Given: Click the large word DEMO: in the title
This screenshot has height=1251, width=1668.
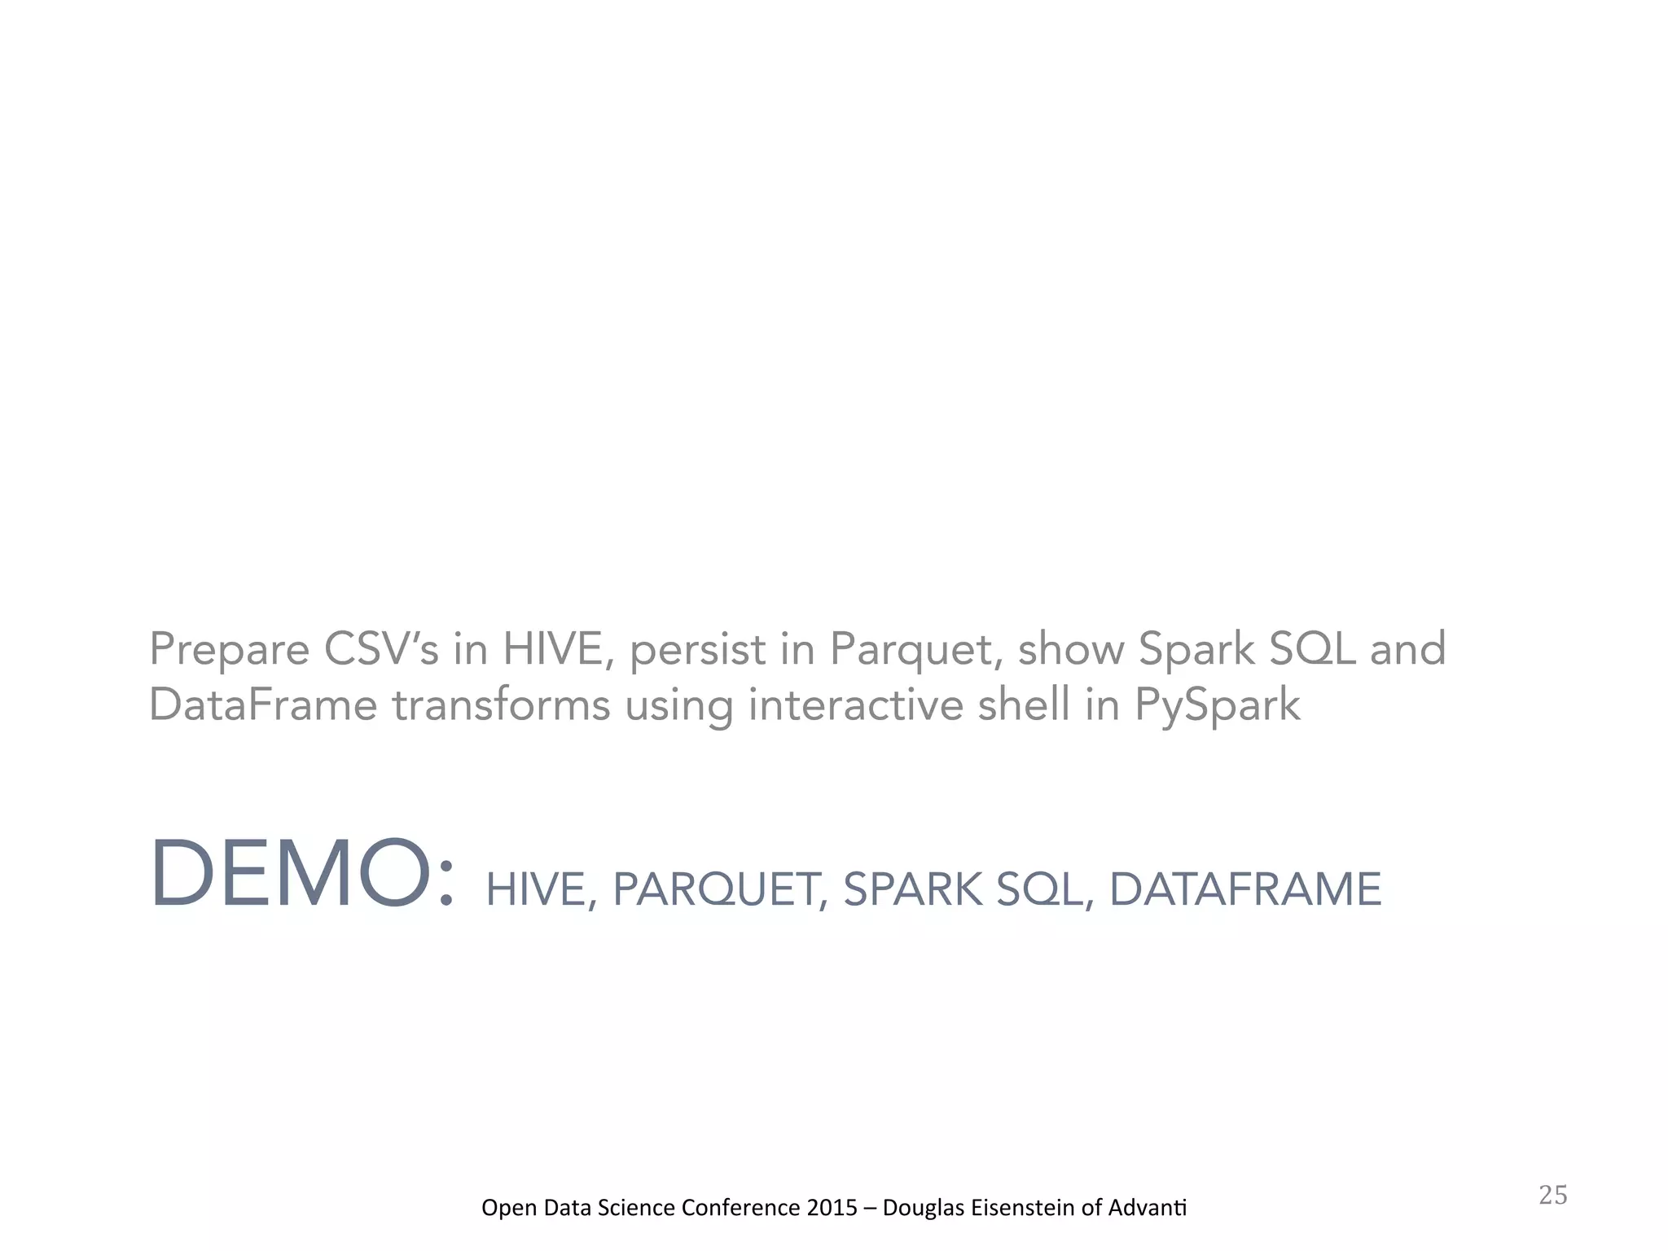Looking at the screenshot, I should point(301,874).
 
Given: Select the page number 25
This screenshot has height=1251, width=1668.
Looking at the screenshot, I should point(1552,1196).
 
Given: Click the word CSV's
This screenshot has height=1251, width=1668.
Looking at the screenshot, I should point(381,649).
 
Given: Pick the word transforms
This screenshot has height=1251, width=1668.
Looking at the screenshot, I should point(501,705).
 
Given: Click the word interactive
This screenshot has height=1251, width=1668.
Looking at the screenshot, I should point(855,705).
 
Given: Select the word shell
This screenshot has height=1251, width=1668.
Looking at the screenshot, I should point(1023,705).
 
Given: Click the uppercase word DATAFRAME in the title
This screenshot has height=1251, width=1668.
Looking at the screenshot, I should point(1245,889).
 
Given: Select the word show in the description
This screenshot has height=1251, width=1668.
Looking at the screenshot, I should point(1070,649).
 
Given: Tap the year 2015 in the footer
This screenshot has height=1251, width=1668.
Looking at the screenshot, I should point(832,1207).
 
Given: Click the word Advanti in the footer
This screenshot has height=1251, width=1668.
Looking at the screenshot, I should point(1152,1207).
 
